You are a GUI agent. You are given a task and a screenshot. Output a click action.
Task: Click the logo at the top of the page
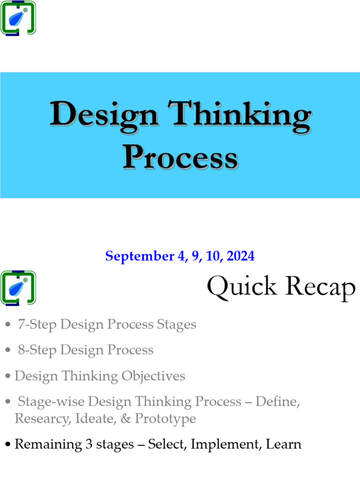click(18, 18)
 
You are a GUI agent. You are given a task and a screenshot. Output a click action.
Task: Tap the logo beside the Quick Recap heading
click(18, 288)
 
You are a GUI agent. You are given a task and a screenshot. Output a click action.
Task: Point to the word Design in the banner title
click(104, 115)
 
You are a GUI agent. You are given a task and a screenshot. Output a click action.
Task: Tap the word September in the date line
click(133, 256)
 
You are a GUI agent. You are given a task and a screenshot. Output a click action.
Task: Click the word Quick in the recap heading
click(242, 287)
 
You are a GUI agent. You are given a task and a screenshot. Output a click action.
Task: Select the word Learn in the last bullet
click(284, 444)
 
